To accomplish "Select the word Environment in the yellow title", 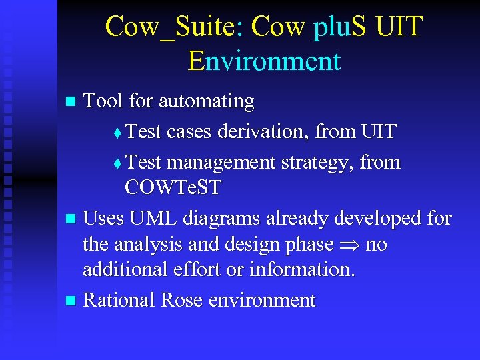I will [264, 61].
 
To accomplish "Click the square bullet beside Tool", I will [72, 102].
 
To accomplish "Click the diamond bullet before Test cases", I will [118, 133].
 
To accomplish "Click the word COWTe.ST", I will [173, 187].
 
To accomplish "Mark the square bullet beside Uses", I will [72, 219].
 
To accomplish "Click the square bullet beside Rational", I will [72, 301].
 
